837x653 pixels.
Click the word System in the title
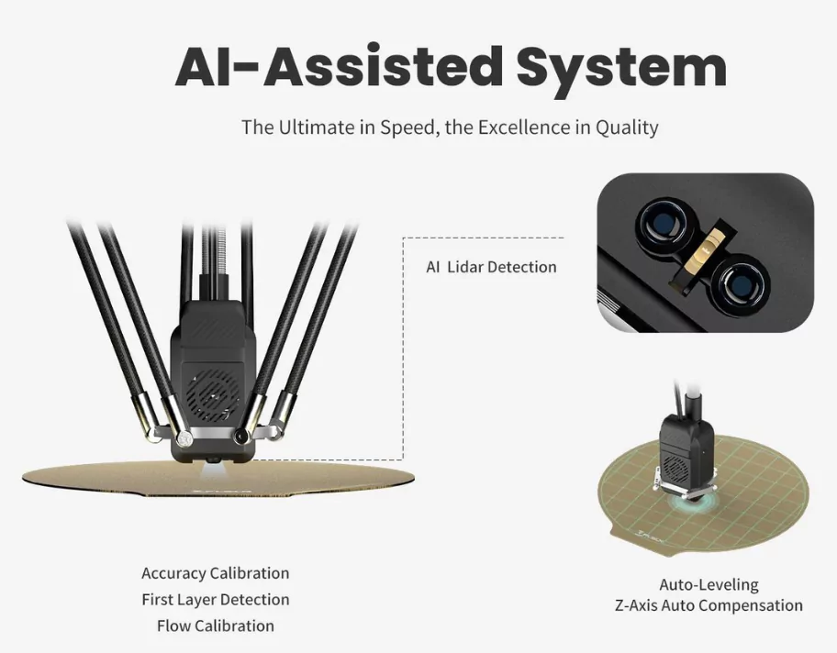(x=620, y=69)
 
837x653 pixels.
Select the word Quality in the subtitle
(x=627, y=128)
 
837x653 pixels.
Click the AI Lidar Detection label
(x=491, y=267)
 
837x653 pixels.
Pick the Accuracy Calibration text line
(x=215, y=573)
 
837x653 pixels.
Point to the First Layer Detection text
(x=215, y=600)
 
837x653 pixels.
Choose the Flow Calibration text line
(x=215, y=625)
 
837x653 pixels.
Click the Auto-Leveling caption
(x=709, y=585)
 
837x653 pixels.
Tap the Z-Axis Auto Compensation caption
(x=709, y=605)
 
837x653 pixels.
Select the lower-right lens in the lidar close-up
(x=740, y=283)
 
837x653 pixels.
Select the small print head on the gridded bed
(x=686, y=453)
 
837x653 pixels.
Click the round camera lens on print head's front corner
(x=240, y=436)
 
